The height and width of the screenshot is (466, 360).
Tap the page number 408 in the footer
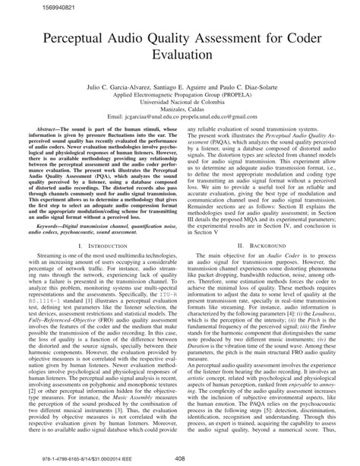[180, 458]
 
